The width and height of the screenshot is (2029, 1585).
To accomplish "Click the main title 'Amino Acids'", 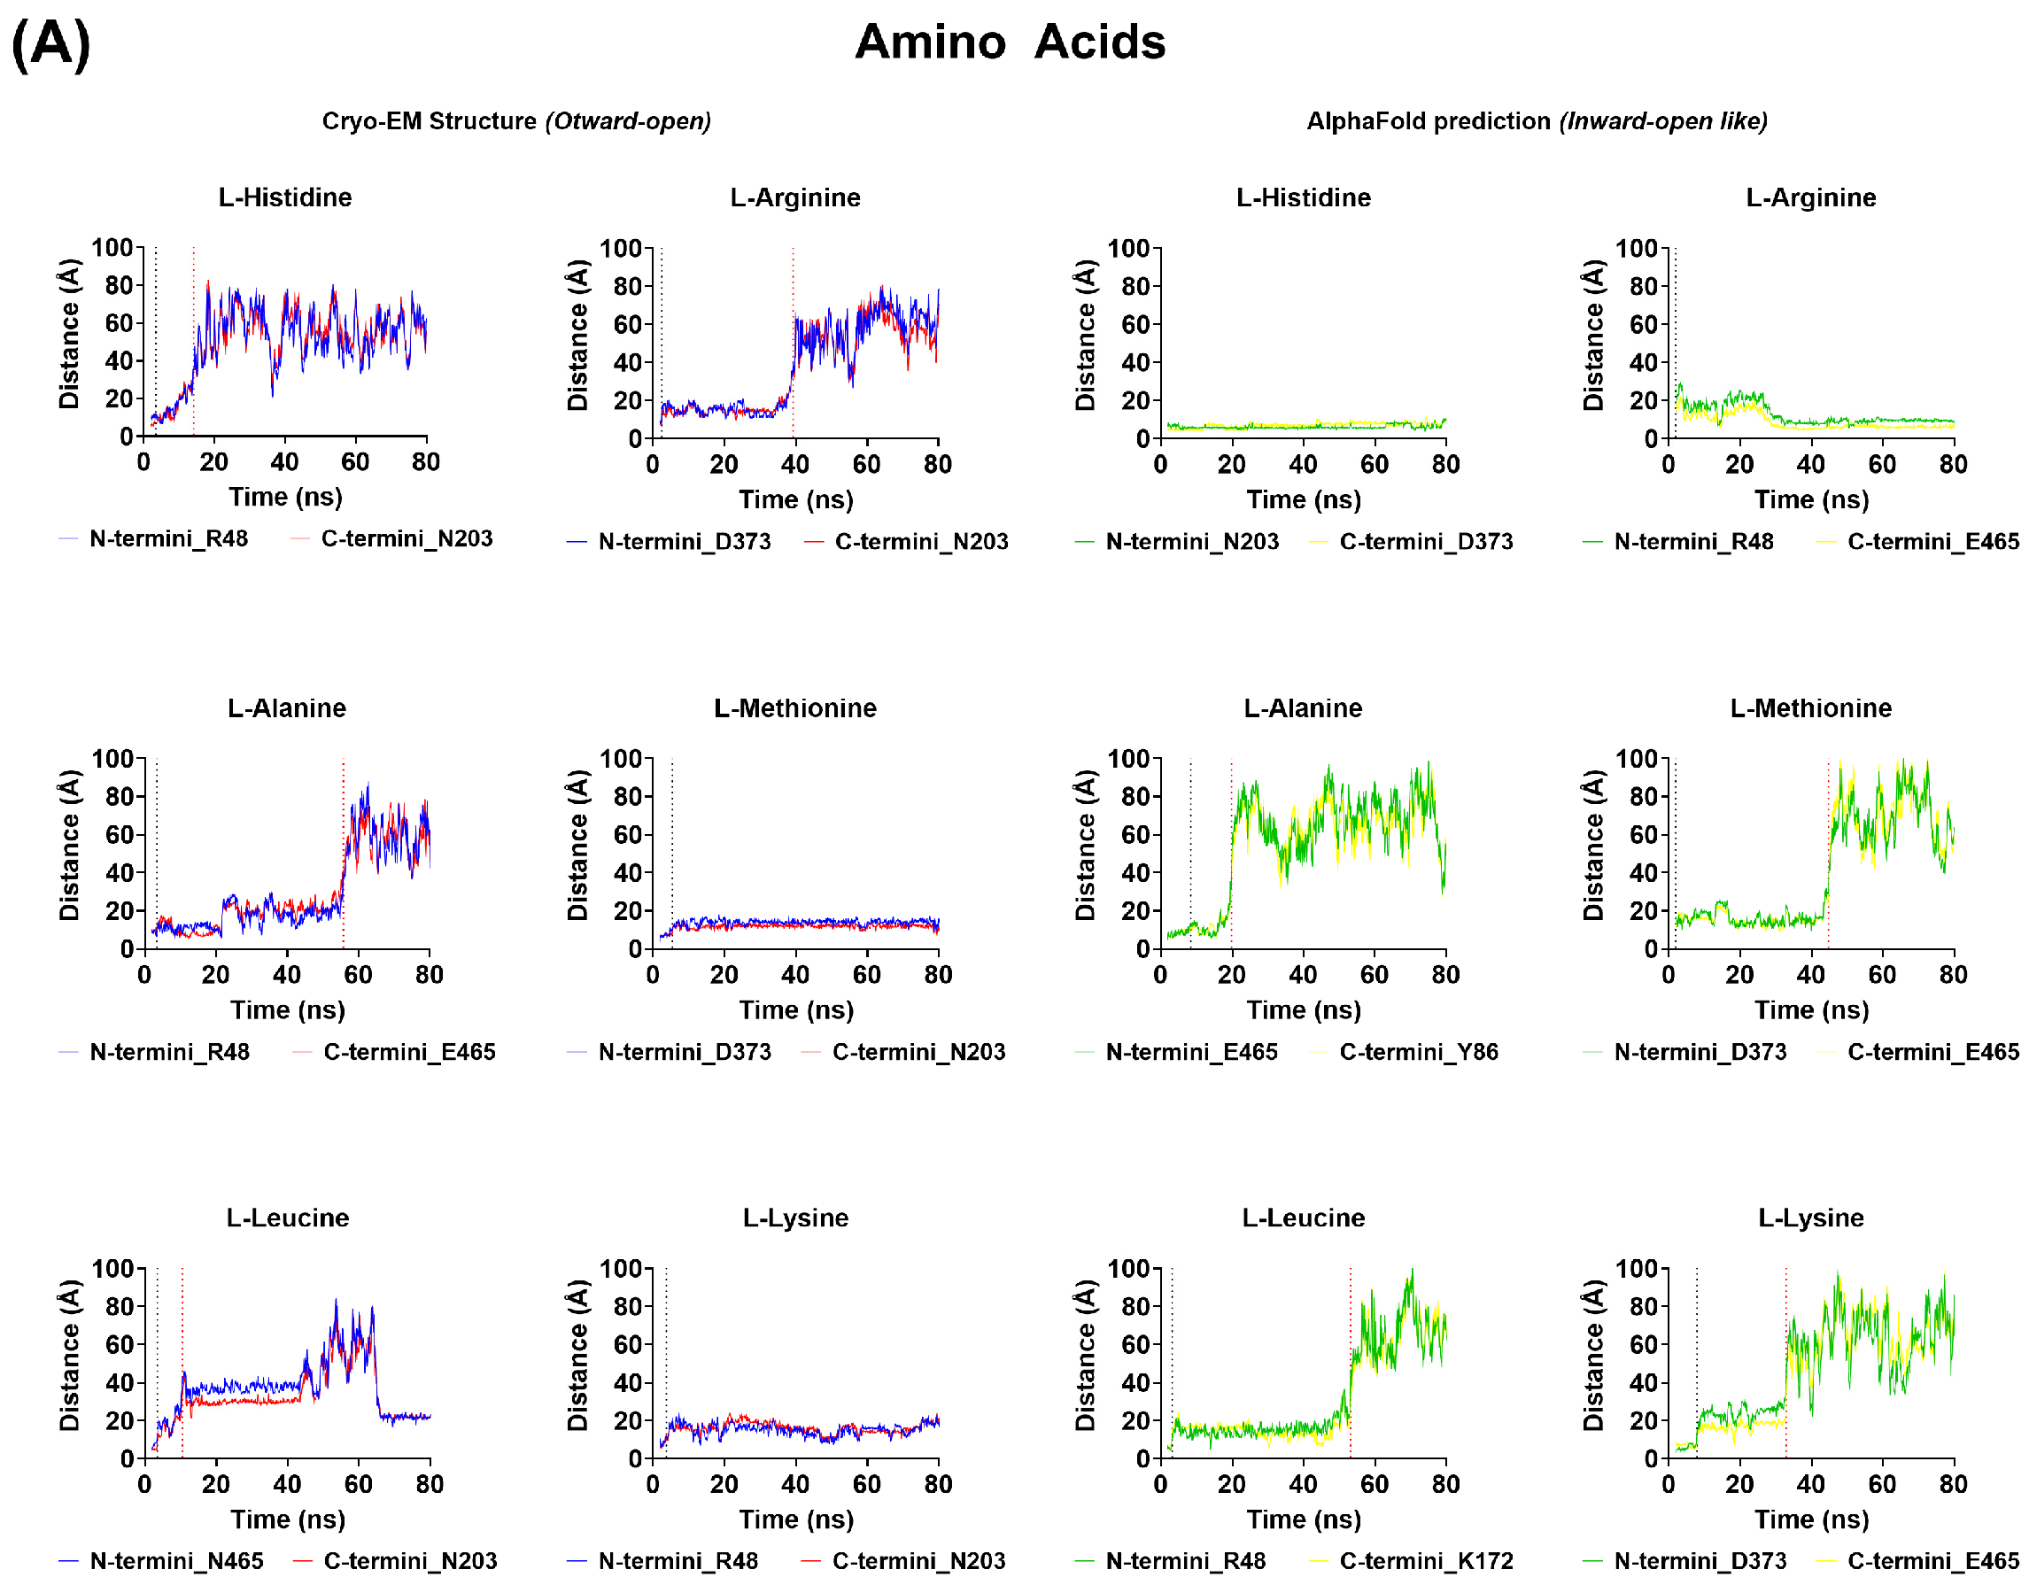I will click(x=1010, y=42).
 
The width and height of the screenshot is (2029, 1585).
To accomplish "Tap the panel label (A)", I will click(x=51, y=43).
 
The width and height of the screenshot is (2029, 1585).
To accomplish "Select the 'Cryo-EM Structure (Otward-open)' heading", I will click(x=516, y=120).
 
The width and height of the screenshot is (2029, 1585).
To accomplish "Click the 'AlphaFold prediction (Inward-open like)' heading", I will click(x=1537, y=120).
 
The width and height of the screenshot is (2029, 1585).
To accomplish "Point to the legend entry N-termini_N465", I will click(x=176, y=1561).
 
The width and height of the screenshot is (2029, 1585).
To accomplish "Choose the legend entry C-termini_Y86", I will click(x=1419, y=1052).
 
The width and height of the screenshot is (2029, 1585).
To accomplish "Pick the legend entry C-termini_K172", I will click(x=1426, y=1561).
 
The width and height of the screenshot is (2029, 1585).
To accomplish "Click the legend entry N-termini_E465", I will click(x=1192, y=1052).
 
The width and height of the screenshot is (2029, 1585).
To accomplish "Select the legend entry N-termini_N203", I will click(x=1192, y=542).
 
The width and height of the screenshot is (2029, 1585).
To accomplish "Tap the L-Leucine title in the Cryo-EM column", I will click(x=288, y=1218).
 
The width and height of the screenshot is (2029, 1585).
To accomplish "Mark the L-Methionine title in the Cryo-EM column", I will click(x=795, y=708).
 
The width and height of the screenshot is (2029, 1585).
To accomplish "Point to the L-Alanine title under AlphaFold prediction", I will click(x=1304, y=708).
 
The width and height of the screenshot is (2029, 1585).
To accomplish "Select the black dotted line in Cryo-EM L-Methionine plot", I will click(x=671, y=836).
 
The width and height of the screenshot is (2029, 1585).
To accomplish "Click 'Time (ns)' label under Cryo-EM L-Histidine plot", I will click(x=286, y=497).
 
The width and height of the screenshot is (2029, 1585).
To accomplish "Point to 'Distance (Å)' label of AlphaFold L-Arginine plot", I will click(x=1593, y=335).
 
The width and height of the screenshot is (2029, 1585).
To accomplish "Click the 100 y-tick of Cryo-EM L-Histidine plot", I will click(x=112, y=247).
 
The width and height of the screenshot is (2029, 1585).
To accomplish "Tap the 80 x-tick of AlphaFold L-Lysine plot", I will click(x=1953, y=1485).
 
